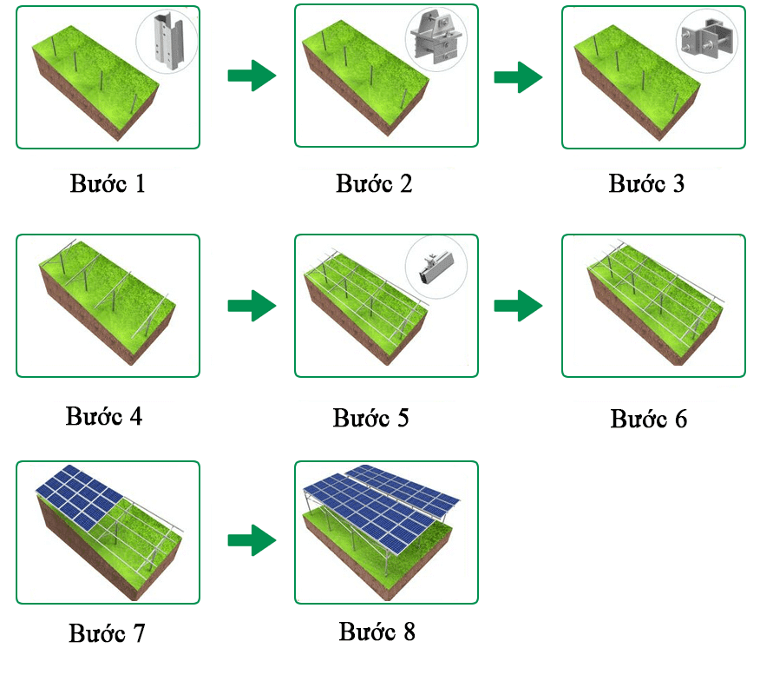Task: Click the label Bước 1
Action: point(108,185)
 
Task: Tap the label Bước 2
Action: point(374,184)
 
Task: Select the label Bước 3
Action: point(646,184)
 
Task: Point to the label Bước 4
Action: point(103,416)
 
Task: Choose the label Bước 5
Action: point(370,418)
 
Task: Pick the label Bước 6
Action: point(648,419)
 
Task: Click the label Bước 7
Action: point(107,633)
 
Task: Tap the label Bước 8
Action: point(377,631)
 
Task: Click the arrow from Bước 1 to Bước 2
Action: point(252,76)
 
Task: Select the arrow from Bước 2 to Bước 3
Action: point(518,77)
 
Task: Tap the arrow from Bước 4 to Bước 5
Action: point(252,306)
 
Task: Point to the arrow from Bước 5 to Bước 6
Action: point(518,306)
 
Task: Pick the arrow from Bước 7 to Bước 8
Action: point(252,539)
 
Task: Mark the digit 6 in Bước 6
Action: point(679,419)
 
